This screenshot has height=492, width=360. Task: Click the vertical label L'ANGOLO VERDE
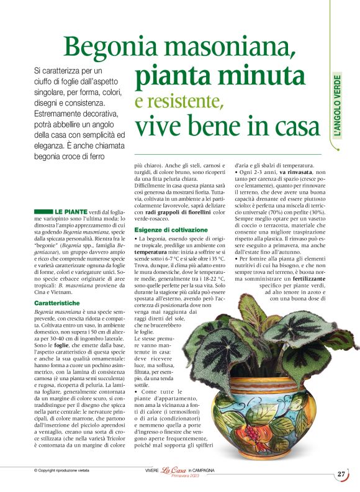pos(337,106)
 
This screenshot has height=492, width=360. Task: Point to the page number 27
pos(341,474)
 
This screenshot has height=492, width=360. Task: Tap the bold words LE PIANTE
pos(71,212)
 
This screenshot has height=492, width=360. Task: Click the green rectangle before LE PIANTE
pos(43,212)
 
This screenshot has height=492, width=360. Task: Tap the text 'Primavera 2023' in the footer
pos(176,477)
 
